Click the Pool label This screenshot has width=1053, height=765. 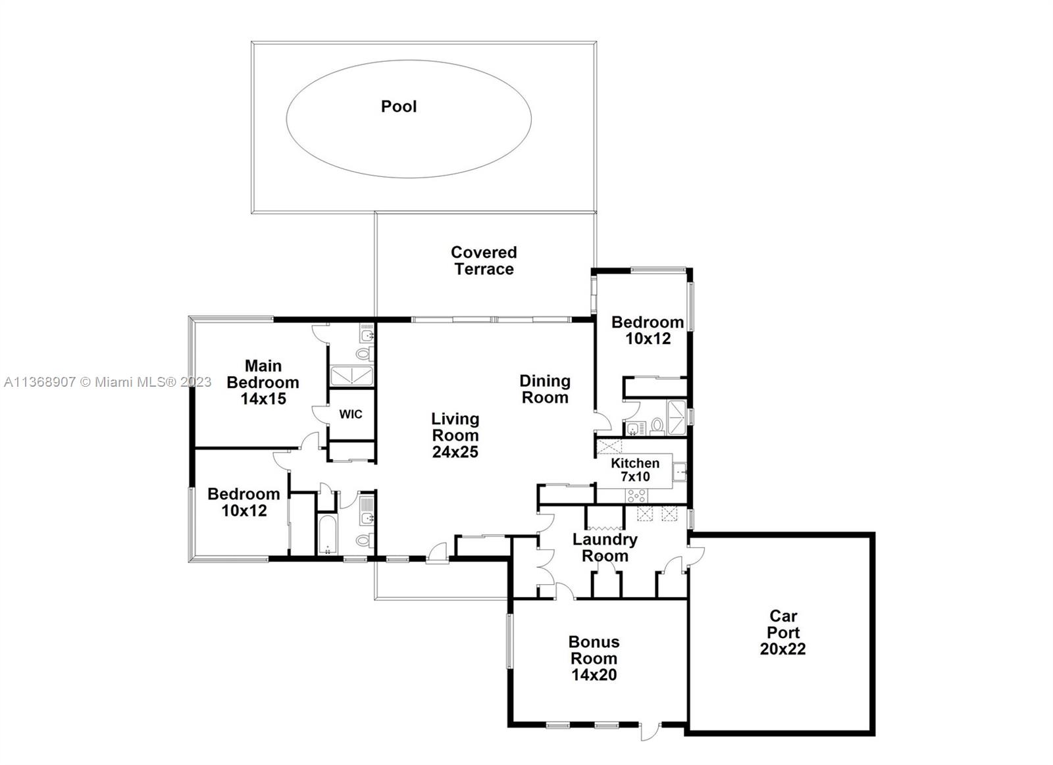pyautogui.click(x=399, y=107)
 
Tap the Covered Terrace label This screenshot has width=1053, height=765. pyautogui.click(x=484, y=260)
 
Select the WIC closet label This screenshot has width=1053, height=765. pyautogui.click(x=350, y=414)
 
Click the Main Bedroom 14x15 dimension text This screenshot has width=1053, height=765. pyautogui.click(x=263, y=399)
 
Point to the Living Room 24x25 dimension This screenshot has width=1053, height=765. pyautogui.click(x=455, y=452)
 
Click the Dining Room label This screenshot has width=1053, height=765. pyautogui.click(x=544, y=389)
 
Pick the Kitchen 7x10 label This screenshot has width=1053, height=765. pyautogui.click(x=634, y=470)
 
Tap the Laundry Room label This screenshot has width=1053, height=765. pyautogui.click(x=604, y=547)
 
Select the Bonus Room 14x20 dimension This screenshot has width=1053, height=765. pyautogui.click(x=594, y=674)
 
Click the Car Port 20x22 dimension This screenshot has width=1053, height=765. pyautogui.click(x=783, y=649)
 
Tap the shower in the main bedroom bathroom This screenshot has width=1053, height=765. pyautogui.click(x=351, y=376)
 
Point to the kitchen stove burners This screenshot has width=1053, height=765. pyautogui.click(x=636, y=495)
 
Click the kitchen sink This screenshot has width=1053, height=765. pyautogui.click(x=680, y=471)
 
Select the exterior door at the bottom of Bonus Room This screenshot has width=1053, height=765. pyautogui.click(x=650, y=730)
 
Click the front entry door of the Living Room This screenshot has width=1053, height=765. pyautogui.click(x=437, y=553)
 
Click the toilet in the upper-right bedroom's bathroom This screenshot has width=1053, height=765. pyautogui.click(x=656, y=427)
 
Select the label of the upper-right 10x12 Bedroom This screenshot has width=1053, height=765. pyautogui.click(x=647, y=330)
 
